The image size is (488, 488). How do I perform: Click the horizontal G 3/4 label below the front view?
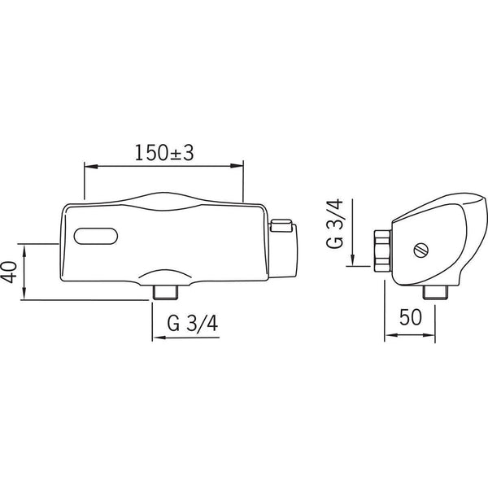tap(194, 324)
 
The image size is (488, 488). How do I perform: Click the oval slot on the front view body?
tap(95, 237)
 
